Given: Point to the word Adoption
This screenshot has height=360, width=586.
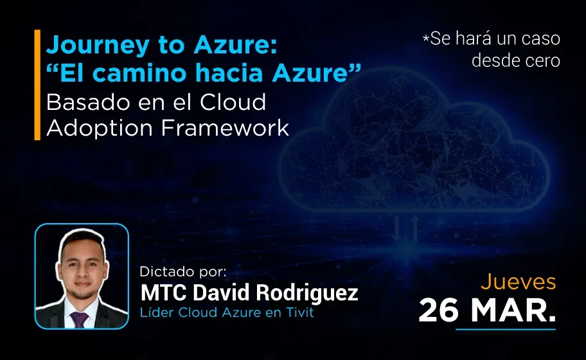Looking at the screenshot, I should tap(100, 128).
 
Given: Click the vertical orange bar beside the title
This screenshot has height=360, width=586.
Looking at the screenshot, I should tap(37, 84).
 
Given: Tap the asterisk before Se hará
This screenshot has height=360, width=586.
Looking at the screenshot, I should tap(425, 40).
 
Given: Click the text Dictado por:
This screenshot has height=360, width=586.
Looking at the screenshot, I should tap(183, 272).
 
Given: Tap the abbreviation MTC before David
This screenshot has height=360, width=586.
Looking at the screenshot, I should tap(161, 293).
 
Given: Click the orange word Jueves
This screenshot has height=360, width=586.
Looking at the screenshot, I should tap(518, 282).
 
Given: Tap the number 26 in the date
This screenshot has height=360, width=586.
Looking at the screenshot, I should tap(439, 310).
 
